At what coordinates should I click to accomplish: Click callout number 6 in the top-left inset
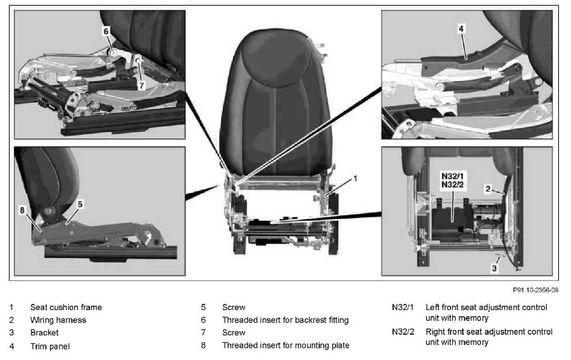[106, 31]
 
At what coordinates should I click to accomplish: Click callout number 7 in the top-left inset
[141, 86]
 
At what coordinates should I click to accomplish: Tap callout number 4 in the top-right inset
[461, 29]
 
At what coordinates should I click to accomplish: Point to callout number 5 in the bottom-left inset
[80, 204]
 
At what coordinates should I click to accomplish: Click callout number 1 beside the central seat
[354, 179]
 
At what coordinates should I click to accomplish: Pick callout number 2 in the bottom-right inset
[488, 189]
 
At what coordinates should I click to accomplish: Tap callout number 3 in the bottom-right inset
[494, 269]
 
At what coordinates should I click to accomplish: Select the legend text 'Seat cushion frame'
[66, 308]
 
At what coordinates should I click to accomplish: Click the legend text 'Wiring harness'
[58, 320]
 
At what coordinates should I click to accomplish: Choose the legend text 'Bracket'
[45, 333]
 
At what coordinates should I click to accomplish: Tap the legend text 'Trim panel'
[49, 346]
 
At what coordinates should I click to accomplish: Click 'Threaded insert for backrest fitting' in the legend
[285, 320]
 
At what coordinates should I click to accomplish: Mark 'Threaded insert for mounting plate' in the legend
[285, 346]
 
